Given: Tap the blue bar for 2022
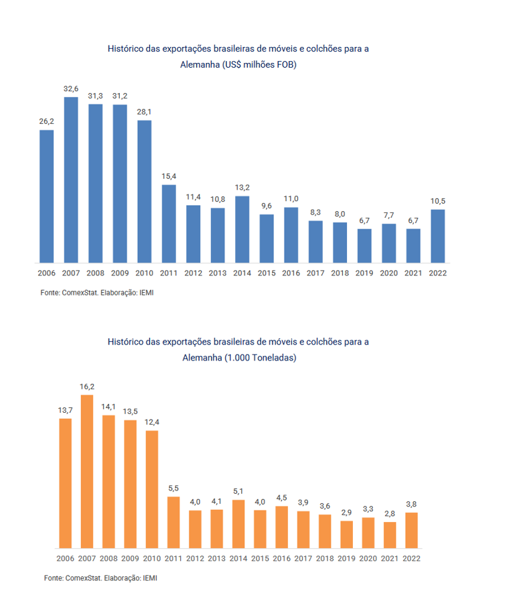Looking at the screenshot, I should (438, 235).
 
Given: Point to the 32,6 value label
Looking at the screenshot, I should (71, 88).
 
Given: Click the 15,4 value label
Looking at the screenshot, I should (169, 176).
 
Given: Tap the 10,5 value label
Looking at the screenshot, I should (438, 201).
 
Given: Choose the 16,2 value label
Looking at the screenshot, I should (86, 387).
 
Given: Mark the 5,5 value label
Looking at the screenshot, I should (173, 488).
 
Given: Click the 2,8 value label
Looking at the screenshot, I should (390, 513).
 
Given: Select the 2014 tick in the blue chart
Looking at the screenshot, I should (242, 273).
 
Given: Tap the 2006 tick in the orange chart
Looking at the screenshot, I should (65, 558).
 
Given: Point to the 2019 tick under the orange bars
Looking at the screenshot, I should (346, 558).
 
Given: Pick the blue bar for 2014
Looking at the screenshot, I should (242, 228).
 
